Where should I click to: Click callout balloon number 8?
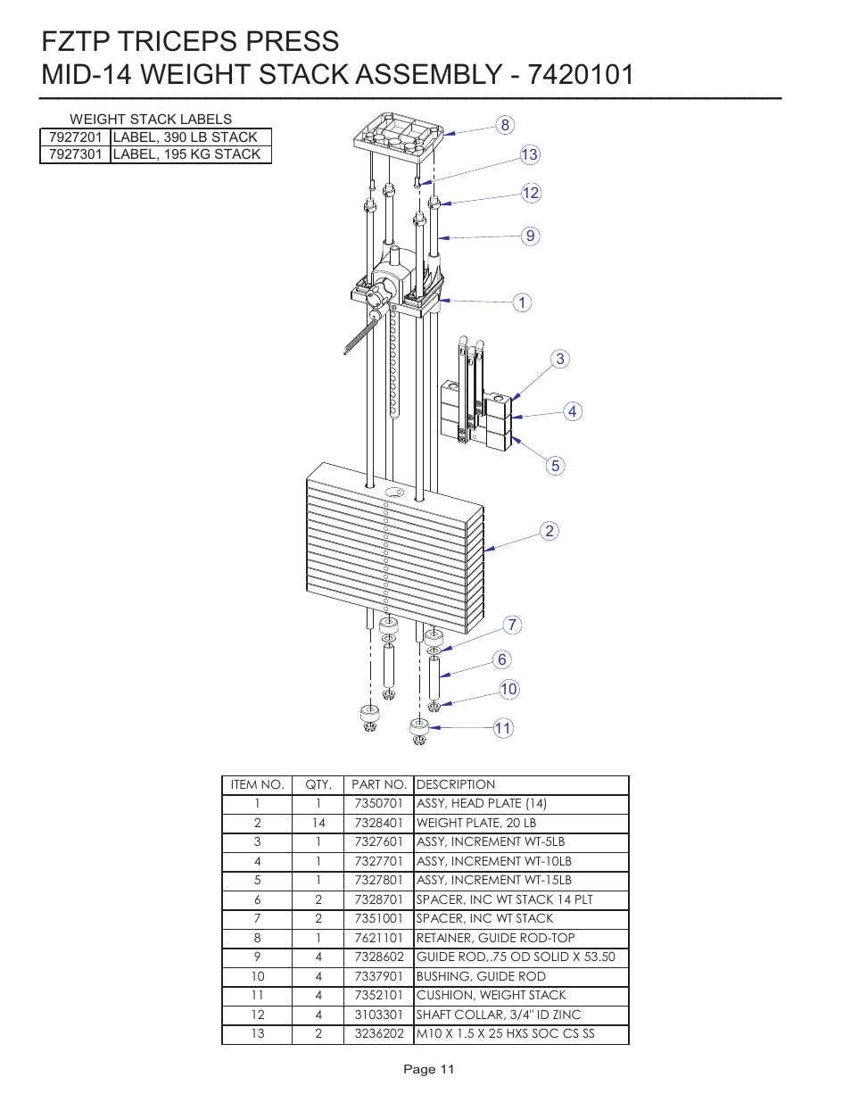(505, 125)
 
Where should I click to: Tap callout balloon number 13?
(530, 155)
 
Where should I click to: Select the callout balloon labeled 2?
(549, 531)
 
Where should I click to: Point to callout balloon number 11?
(503, 728)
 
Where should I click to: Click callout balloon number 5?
(555, 466)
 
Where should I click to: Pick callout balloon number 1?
(522, 302)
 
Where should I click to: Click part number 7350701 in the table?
(378, 803)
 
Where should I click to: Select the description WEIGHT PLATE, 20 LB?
(476, 823)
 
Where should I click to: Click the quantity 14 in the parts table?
(318, 823)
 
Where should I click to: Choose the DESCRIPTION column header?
(456, 784)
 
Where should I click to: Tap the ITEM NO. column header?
(257, 784)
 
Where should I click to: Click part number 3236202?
(378, 1033)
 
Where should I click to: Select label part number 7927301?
(76, 154)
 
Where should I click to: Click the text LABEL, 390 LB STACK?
(186, 137)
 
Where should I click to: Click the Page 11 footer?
(429, 1069)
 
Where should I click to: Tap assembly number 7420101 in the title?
(581, 74)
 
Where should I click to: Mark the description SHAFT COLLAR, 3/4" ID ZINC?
(498, 1015)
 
